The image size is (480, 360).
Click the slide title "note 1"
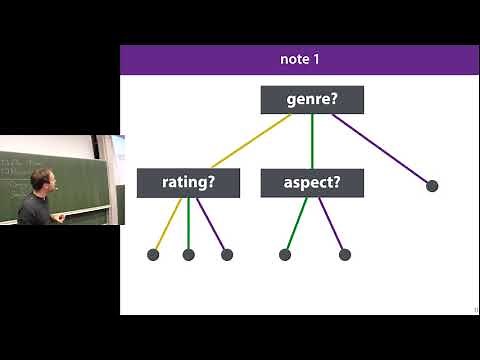pyautogui.click(x=299, y=59)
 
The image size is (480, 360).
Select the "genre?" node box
pyautogui.click(x=312, y=100)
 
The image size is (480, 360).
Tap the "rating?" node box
pyautogui.click(x=188, y=183)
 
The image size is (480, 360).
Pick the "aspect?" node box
pyautogui.click(x=312, y=183)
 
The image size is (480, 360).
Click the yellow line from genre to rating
pyautogui.click(x=250, y=141)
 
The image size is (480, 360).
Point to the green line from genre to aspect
pyautogui.click(x=312, y=141)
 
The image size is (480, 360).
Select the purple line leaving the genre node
pyautogui.click(x=382, y=149)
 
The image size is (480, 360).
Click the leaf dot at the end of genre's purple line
pyautogui.click(x=432, y=185)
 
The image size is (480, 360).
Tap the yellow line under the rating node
pyautogui.click(x=168, y=225)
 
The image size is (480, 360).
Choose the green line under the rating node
pyautogui.click(x=188, y=225)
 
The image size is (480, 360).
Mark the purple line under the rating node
pyautogui.click(x=211, y=225)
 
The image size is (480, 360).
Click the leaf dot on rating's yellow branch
pyautogui.click(x=153, y=254)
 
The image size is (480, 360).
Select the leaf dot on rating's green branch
pyautogui.click(x=188, y=254)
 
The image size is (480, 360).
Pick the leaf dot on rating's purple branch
pyautogui.click(x=227, y=254)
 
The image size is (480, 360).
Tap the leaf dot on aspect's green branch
pyautogui.click(x=285, y=254)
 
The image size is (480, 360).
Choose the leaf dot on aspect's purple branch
pyautogui.click(x=345, y=254)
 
